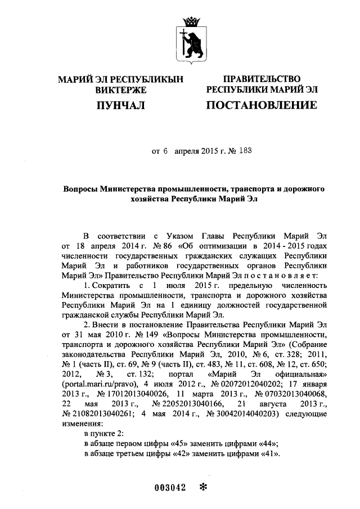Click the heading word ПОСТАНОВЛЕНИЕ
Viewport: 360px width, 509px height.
point(261,105)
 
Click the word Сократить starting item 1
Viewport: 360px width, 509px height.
point(113,286)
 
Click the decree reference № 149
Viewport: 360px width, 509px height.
point(140,335)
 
